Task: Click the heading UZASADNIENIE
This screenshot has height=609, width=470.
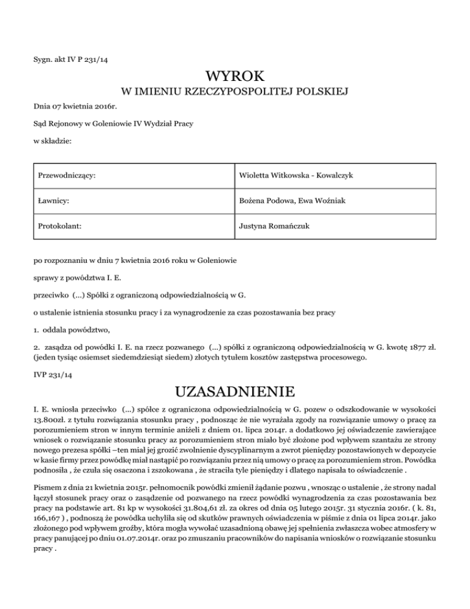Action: (x=235, y=390)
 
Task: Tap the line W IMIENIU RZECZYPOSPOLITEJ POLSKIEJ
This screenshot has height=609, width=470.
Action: (x=235, y=93)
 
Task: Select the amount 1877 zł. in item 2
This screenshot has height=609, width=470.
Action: (x=418, y=346)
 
